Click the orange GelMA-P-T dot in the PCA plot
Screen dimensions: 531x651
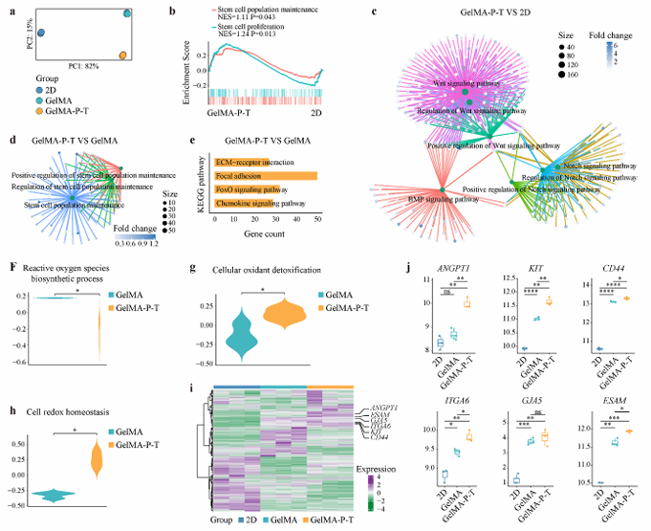click(x=122, y=55)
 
